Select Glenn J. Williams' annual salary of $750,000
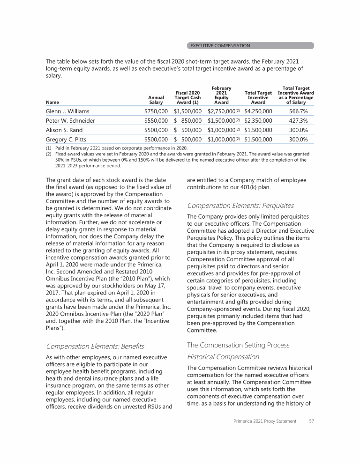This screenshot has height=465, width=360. tap(156, 111)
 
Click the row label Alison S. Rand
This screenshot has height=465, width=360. tap(65, 130)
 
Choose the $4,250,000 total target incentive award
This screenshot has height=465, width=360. tap(258, 111)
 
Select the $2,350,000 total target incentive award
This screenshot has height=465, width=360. tap(258, 121)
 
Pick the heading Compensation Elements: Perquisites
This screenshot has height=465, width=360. tap(240, 205)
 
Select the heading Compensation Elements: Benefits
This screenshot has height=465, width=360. tap(95, 346)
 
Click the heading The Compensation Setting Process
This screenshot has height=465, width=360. tap(238, 345)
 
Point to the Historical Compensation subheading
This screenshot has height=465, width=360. tap(223, 356)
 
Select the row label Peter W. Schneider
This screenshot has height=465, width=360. tap(70, 121)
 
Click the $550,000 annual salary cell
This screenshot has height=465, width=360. tap(156, 121)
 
